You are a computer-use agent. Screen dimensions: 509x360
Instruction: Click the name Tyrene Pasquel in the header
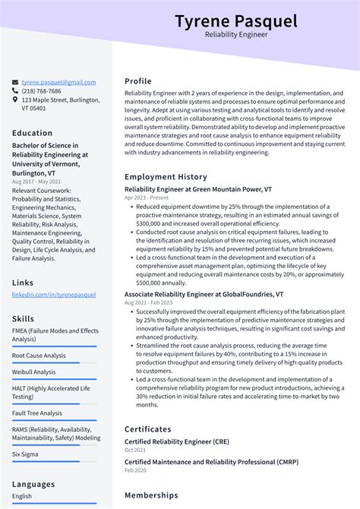[235, 21]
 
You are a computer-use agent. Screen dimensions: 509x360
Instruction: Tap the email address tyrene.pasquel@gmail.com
[58, 82]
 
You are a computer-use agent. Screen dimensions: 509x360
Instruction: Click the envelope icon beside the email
[15, 82]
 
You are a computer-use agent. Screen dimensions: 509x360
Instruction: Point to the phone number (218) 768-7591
[45, 90]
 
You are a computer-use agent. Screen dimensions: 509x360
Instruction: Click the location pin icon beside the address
[15, 100]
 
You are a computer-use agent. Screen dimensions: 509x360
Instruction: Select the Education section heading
[32, 133]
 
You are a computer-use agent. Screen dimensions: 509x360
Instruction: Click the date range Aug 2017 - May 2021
[37, 182]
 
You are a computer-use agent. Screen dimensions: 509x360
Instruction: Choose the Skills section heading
[23, 318]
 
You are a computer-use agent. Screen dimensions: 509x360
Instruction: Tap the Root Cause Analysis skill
[39, 355]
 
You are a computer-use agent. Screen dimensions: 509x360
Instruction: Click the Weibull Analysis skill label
[34, 372]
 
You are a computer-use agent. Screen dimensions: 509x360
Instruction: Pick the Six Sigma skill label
[26, 454]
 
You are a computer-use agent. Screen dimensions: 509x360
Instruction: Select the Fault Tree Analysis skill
[37, 413]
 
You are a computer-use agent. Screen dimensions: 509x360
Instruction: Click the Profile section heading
[138, 81]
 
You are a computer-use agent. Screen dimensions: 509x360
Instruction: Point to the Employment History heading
[166, 177]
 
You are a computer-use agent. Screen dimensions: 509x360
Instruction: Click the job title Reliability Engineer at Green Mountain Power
[198, 188]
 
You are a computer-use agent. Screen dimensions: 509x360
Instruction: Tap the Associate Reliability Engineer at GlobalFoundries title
[204, 294]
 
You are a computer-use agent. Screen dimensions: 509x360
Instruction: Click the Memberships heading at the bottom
[151, 495]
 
